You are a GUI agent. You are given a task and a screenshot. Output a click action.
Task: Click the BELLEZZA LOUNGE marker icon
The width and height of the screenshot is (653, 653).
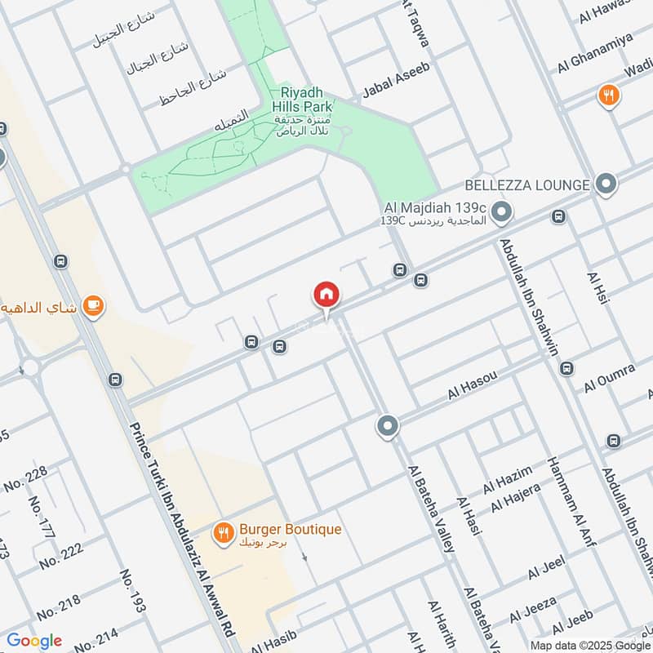(606, 184)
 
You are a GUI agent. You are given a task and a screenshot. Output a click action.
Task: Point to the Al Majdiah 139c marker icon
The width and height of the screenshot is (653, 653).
(503, 214)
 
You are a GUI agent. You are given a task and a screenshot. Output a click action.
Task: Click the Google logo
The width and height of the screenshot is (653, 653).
(34, 641)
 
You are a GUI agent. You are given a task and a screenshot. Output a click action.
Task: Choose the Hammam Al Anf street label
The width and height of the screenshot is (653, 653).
(569, 499)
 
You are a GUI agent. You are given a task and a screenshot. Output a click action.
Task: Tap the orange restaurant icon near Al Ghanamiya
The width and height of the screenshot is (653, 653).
(608, 96)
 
